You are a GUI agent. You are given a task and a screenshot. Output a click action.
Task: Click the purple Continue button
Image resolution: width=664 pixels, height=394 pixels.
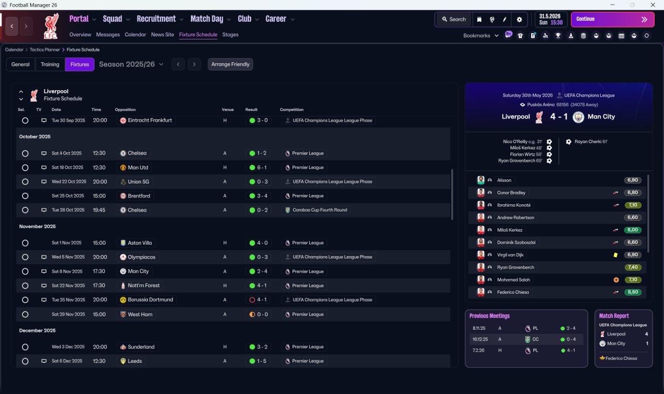point(613,19)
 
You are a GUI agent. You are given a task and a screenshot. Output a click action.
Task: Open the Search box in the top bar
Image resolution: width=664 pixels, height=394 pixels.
point(454,19)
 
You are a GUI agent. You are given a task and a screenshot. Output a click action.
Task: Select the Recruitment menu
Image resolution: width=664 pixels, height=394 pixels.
point(156,19)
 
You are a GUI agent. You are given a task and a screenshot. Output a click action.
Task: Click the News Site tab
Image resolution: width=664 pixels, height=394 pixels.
point(162,35)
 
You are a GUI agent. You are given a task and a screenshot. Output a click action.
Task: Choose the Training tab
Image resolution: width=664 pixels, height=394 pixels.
point(50,64)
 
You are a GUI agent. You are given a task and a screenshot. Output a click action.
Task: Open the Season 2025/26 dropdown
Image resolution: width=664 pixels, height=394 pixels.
point(131,64)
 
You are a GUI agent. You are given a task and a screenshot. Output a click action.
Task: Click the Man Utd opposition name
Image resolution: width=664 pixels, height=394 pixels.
point(138,167)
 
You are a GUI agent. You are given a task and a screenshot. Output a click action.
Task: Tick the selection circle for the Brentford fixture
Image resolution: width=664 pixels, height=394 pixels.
point(25,196)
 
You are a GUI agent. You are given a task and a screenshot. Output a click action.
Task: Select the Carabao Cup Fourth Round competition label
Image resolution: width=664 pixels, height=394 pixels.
point(320,210)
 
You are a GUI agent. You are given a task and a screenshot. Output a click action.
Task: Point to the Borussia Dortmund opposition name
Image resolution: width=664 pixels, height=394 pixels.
point(150,300)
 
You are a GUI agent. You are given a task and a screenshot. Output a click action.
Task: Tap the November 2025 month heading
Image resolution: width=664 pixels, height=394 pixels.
point(37,227)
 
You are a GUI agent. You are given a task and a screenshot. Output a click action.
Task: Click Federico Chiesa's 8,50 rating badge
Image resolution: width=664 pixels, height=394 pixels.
point(632,292)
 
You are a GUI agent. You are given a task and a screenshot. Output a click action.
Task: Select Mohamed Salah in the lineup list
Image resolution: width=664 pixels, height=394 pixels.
point(514,279)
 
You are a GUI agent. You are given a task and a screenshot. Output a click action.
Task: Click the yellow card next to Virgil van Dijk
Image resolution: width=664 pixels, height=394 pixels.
point(615,255)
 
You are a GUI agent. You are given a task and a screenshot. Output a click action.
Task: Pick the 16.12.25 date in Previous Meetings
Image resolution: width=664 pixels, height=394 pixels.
point(480,339)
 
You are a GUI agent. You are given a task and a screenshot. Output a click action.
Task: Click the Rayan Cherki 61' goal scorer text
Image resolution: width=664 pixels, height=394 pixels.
point(591,142)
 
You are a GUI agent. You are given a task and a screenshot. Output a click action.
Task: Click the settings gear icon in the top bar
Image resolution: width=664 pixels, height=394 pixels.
point(519,20)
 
